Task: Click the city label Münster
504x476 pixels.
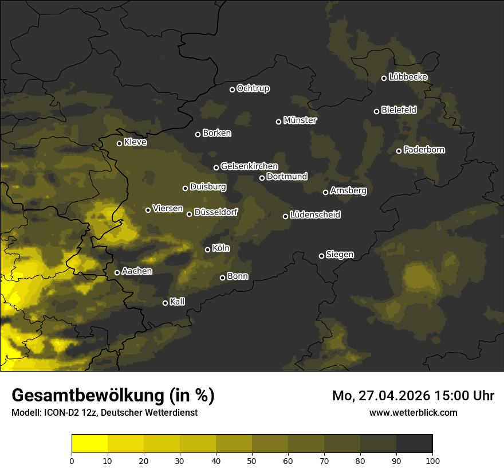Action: pos(300,120)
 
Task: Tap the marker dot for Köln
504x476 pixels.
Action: pos(207,249)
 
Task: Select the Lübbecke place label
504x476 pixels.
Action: pos(408,77)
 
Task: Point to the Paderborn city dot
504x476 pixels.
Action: pos(399,151)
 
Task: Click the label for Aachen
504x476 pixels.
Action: pos(137,271)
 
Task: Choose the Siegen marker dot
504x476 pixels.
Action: pos(321,256)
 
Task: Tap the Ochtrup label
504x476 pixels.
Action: pos(253,88)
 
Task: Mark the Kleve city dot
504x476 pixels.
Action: pos(119,143)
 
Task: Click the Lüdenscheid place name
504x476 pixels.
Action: pos(315,215)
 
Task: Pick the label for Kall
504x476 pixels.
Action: pos(177,302)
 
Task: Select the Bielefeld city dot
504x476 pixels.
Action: pos(376,111)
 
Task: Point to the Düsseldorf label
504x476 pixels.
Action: pos(215,212)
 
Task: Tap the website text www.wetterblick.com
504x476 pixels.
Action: pos(413,412)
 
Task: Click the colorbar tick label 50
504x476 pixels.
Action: pos(252,461)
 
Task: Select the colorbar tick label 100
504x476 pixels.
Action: pos(432,461)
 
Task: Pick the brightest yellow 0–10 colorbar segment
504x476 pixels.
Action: pos(90,444)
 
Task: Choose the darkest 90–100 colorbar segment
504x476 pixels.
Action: pos(414,444)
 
